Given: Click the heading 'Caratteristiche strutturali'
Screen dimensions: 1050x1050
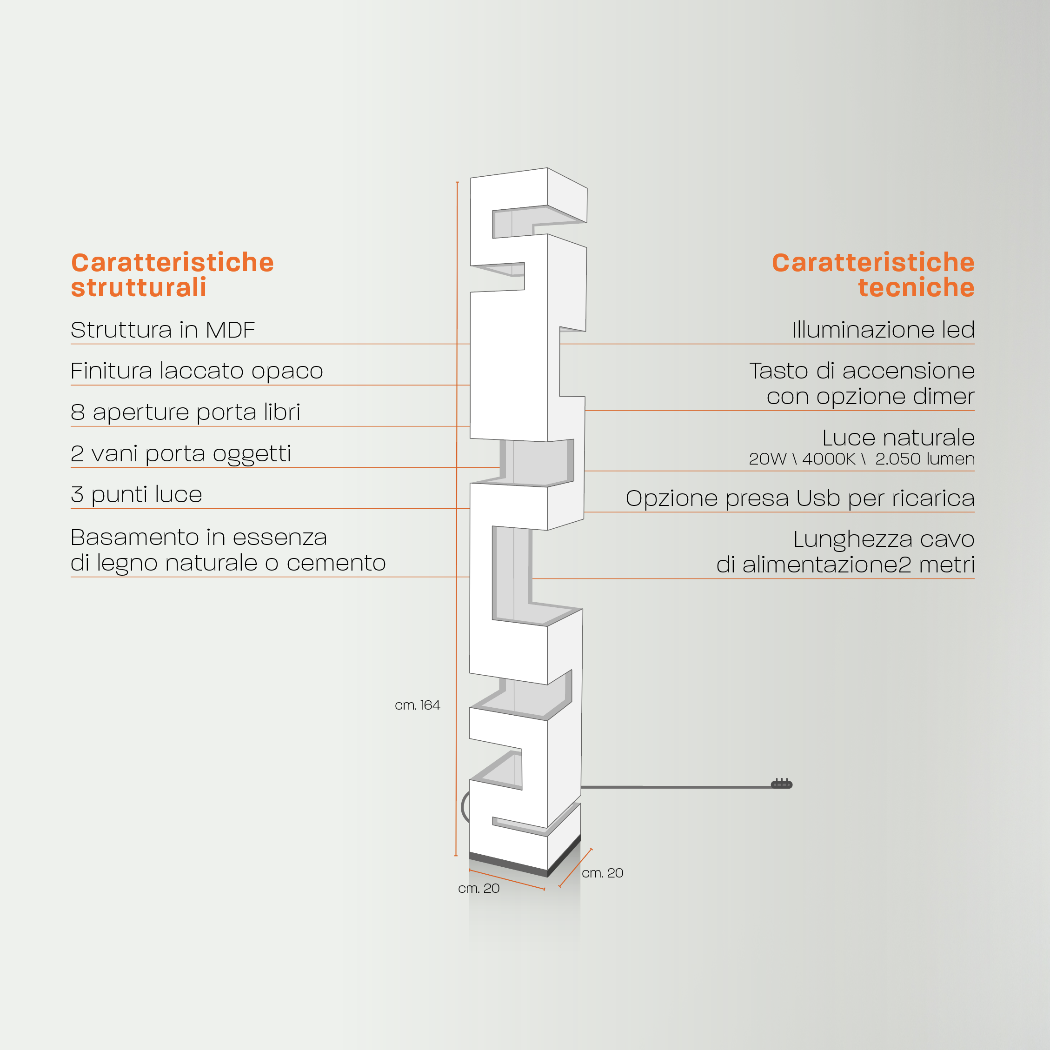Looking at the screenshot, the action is (172, 275).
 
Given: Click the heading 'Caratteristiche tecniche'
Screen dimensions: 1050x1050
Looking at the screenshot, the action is (873, 275).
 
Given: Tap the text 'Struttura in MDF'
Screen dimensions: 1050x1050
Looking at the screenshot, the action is (162, 330).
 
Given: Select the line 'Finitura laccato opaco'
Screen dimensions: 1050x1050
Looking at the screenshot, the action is (197, 371).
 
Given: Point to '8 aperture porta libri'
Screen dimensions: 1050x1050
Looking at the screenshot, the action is (186, 412).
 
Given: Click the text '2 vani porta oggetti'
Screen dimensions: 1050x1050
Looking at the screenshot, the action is (181, 454).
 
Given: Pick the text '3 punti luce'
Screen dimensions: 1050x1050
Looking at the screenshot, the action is (136, 495).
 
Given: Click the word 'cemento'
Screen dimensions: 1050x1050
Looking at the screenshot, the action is (336, 563).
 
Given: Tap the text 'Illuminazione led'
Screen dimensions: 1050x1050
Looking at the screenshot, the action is (883, 330).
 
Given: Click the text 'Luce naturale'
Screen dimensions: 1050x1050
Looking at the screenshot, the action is (898, 438).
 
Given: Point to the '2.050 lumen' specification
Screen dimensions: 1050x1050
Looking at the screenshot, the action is (925, 459).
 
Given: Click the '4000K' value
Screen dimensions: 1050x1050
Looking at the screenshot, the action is (829, 459).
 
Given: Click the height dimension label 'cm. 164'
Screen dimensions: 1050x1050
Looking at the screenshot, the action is (418, 705).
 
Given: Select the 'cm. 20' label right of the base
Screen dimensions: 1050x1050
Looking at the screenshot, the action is (602, 873).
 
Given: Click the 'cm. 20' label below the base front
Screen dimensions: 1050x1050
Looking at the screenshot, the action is (479, 889).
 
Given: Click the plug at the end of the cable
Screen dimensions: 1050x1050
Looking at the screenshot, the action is (782, 784).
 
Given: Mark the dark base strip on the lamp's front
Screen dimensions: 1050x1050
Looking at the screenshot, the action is (508, 864).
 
